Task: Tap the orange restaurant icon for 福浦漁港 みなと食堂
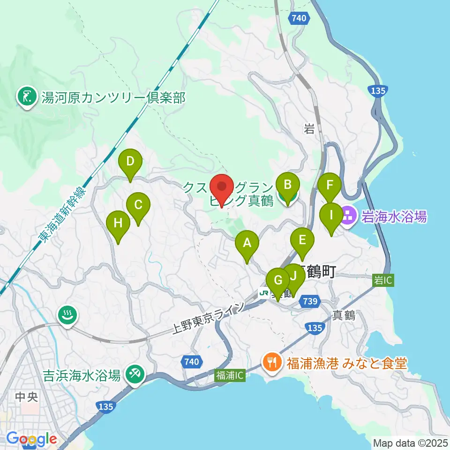(x=272, y=362)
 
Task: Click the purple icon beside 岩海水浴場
(x=349, y=216)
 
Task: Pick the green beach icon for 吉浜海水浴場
(x=135, y=374)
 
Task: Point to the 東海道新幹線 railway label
(x=63, y=216)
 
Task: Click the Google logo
(x=31, y=439)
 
